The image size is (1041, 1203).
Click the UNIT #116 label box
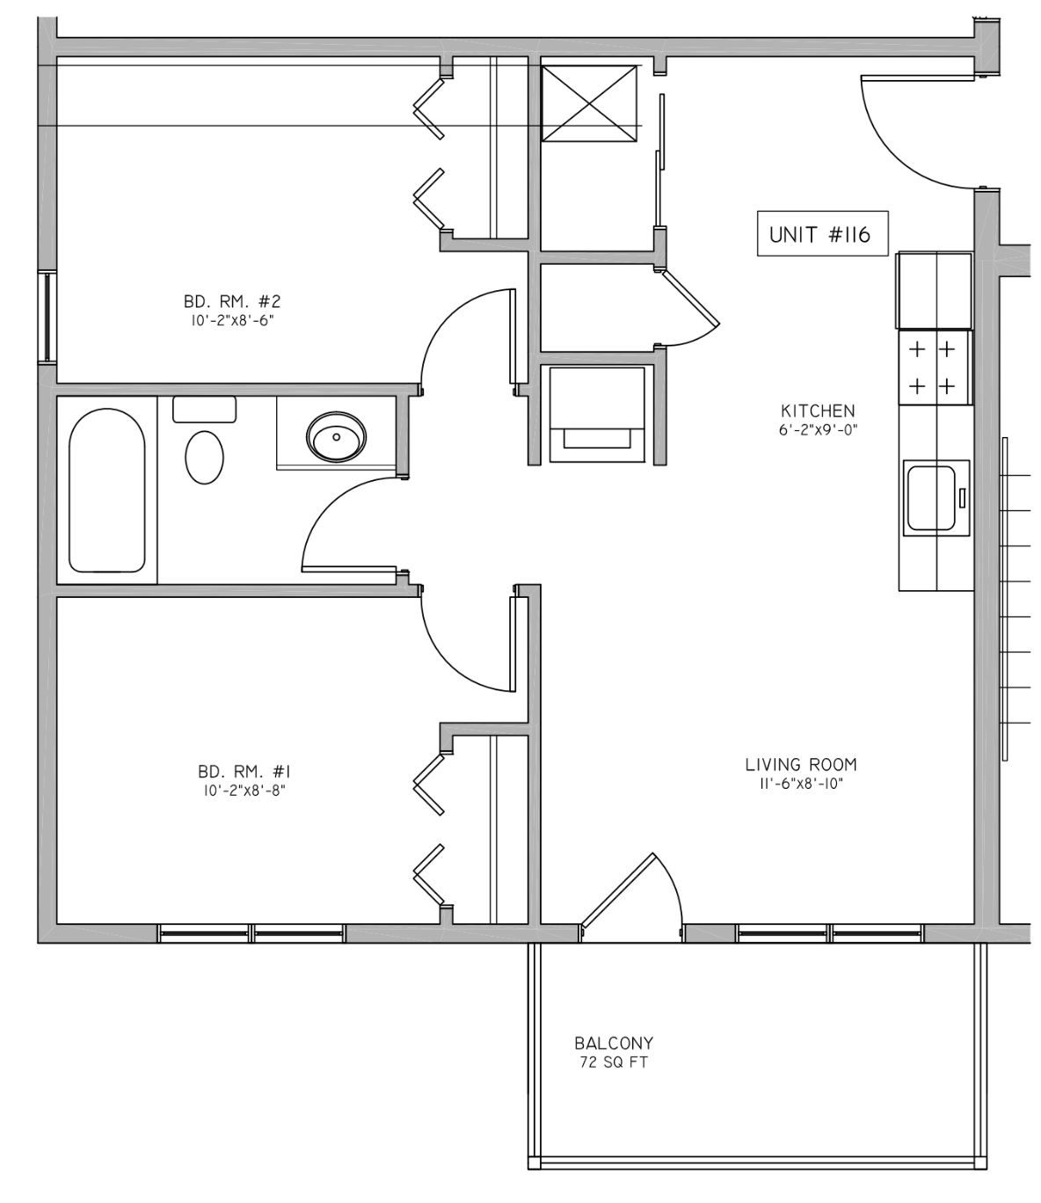[x=822, y=233]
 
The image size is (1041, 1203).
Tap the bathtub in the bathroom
[x=107, y=490]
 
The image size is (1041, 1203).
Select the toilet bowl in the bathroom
[x=204, y=457]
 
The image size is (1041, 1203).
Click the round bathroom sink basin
[x=337, y=436]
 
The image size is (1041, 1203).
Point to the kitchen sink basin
[x=931, y=498]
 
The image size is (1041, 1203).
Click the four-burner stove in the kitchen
[x=935, y=368]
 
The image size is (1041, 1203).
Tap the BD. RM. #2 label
[x=232, y=302]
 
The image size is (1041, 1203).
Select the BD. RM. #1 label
[x=244, y=772]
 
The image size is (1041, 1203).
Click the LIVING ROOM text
[x=801, y=764]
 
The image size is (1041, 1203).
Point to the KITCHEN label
[x=818, y=411]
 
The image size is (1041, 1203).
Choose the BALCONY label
[x=614, y=1042]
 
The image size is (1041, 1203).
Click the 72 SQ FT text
[x=614, y=1062]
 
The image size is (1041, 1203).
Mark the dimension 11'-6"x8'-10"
[x=801, y=784]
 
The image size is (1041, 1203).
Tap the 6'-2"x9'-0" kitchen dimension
[x=819, y=430]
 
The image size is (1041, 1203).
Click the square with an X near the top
[x=589, y=103]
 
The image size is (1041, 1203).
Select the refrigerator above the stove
[x=935, y=290]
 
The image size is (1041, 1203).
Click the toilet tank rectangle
[x=204, y=409]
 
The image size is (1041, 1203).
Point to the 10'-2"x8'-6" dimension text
[x=232, y=321]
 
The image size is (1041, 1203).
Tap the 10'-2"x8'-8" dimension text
[x=244, y=791]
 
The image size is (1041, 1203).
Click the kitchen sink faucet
[x=962, y=499]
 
